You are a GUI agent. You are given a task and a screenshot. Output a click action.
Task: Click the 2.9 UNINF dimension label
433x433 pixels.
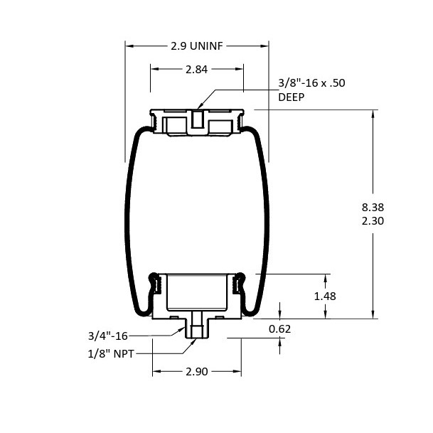coord(197,46)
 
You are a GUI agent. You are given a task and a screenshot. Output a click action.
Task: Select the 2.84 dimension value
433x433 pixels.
coord(196,69)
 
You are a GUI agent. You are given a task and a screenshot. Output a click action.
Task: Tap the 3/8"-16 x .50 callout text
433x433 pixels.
coord(311,83)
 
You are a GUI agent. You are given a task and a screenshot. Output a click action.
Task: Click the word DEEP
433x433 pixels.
coord(291,97)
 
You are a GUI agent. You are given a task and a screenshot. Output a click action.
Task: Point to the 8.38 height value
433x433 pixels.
coord(373,207)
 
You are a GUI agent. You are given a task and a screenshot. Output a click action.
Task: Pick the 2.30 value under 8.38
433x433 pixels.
coord(373,221)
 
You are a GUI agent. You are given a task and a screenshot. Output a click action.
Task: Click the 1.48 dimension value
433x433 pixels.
coord(325,296)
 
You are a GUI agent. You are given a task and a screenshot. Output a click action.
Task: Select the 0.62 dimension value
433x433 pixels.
coord(279,329)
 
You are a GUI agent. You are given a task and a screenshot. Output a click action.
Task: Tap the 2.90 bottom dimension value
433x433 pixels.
coord(197,372)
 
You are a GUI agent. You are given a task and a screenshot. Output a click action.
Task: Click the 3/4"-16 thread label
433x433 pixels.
coord(107,336)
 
